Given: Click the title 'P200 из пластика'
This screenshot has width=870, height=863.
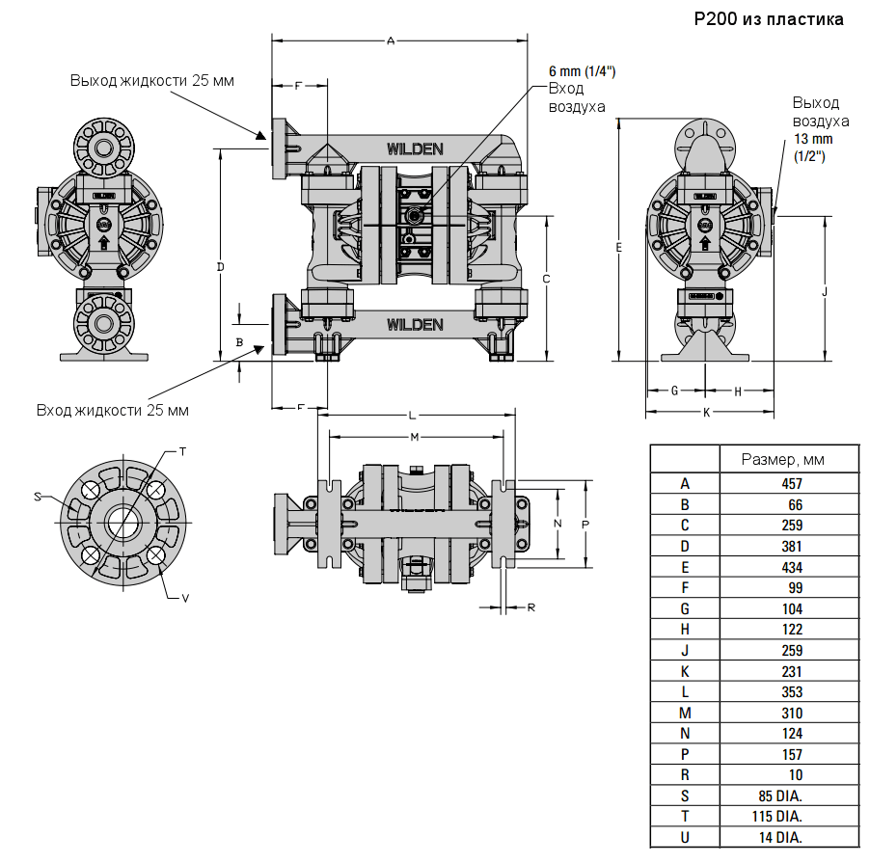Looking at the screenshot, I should pos(769,19).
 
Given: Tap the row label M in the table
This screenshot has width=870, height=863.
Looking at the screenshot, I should pos(685,713).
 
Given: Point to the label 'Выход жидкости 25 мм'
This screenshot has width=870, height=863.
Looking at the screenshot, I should pos(151,80).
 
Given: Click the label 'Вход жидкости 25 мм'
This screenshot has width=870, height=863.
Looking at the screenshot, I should pos(113,410).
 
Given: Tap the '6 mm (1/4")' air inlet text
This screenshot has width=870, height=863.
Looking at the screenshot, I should pos(582,71).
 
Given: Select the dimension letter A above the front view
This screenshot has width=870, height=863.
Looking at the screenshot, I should pos(391,40).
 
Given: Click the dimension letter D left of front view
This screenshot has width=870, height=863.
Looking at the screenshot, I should pos(220,266).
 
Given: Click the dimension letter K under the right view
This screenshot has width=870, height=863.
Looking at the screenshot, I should pos(706,412).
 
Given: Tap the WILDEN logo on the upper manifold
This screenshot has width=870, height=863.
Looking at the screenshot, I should pos(415,148).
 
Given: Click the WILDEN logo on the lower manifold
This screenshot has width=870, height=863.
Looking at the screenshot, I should pos(415,324).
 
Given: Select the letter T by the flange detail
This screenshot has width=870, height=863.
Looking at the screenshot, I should pos(183,451).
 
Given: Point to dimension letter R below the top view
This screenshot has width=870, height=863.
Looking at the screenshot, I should pos(531,607).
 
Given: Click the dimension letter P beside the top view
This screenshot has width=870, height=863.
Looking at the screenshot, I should pos(585,522).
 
